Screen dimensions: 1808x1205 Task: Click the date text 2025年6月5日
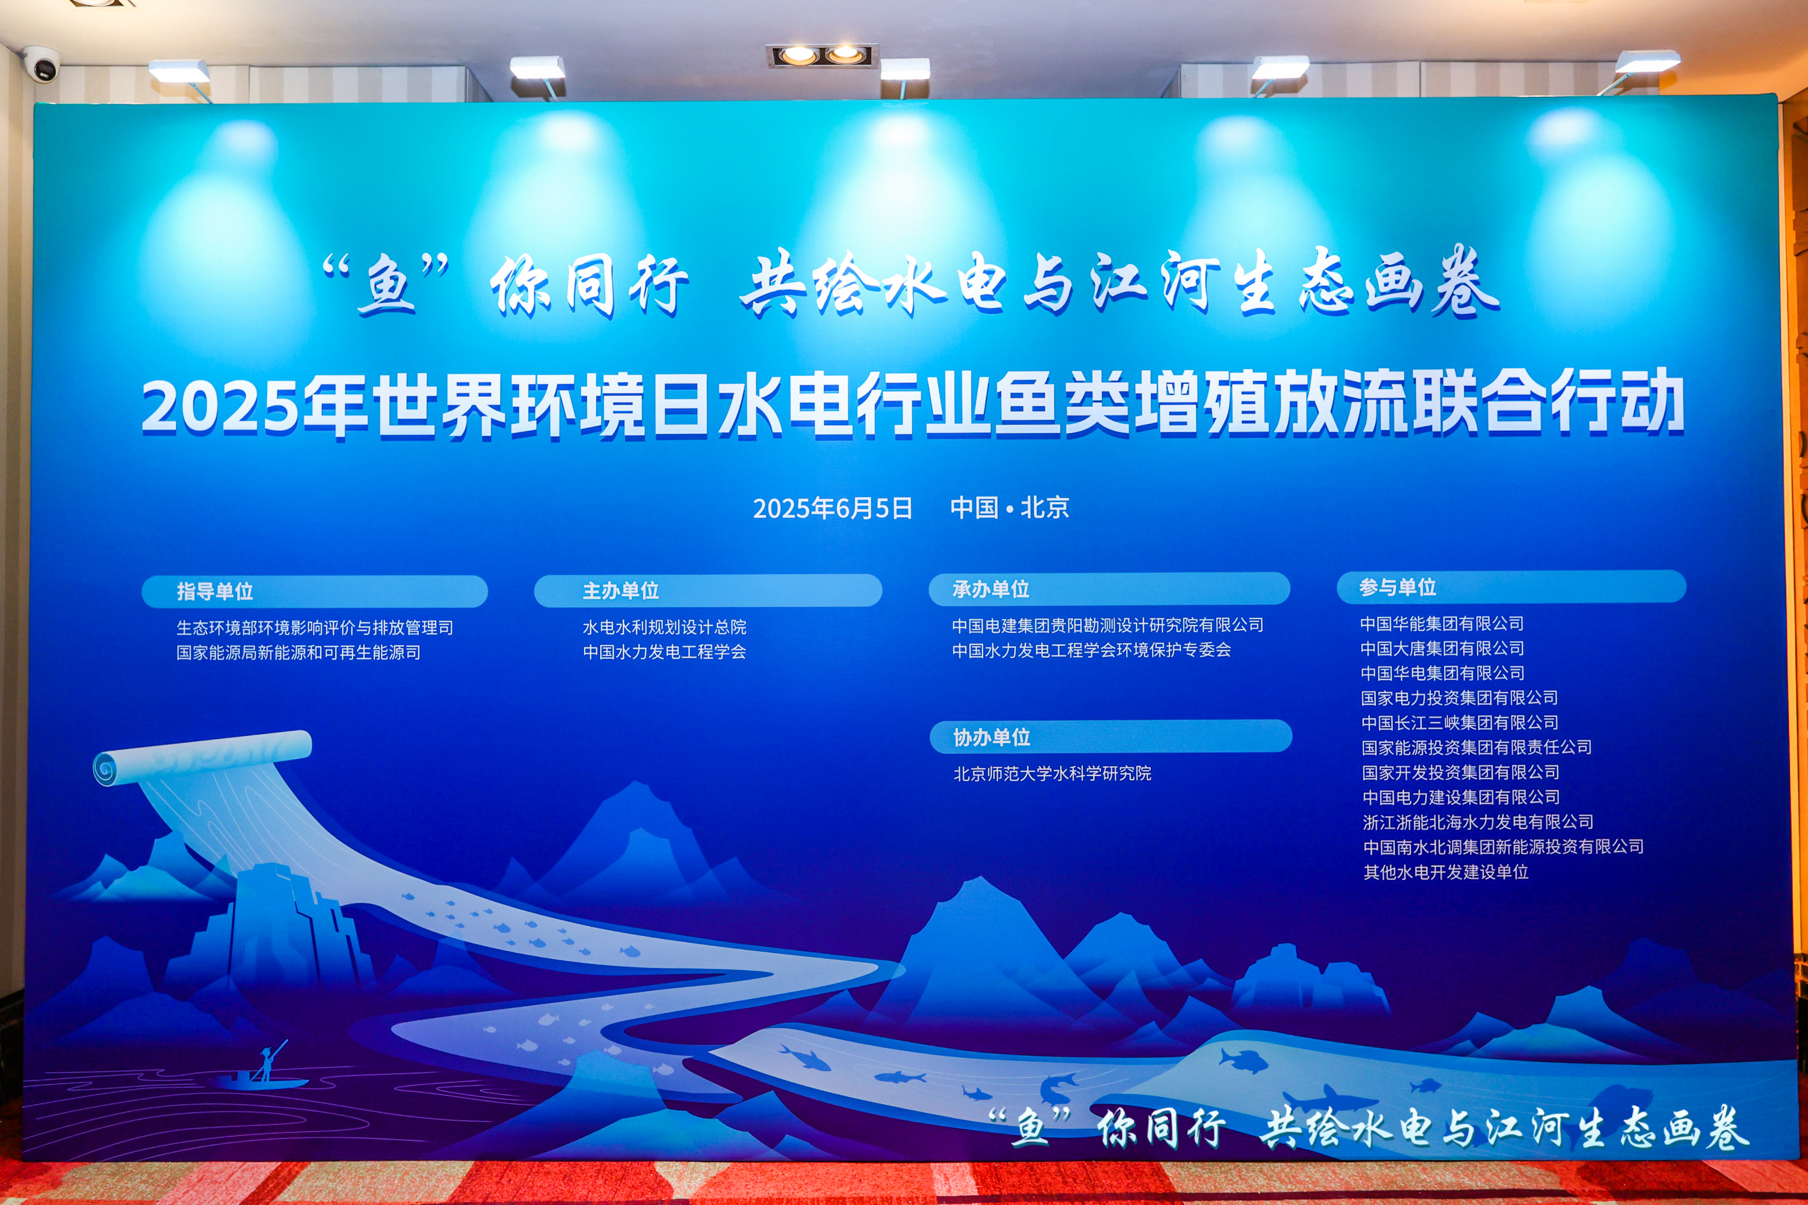(x=833, y=508)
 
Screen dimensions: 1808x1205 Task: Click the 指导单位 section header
(x=215, y=591)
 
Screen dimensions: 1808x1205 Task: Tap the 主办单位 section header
(x=621, y=590)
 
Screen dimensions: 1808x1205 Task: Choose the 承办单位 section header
(x=991, y=589)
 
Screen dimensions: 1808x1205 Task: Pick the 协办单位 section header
(x=992, y=737)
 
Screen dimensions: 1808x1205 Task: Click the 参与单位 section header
(x=1398, y=587)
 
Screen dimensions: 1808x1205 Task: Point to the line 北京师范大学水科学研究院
(x=1052, y=773)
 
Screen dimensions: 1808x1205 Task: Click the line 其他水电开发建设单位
(x=1446, y=872)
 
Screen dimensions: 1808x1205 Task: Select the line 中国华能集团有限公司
(x=1442, y=623)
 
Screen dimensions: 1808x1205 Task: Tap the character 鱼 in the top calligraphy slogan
(x=386, y=284)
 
